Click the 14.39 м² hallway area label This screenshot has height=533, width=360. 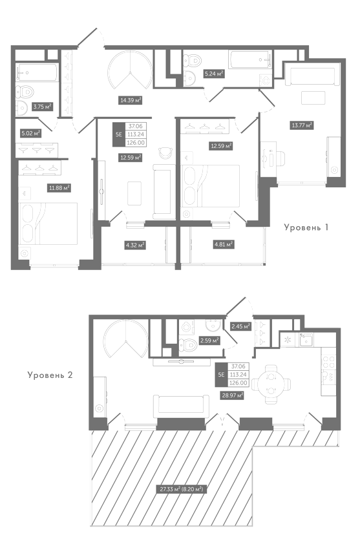click(x=130, y=100)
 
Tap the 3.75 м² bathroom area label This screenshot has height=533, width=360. click(x=42, y=107)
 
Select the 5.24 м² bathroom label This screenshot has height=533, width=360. click(x=214, y=74)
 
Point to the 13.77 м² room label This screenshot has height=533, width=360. click(x=302, y=125)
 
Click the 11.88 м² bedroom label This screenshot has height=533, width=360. click(x=59, y=187)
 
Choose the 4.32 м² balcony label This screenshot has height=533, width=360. click(x=135, y=245)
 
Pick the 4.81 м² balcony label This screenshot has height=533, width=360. click(x=224, y=244)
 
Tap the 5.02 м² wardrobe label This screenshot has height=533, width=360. click(x=30, y=133)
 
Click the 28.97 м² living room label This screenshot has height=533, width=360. click(x=233, y=395)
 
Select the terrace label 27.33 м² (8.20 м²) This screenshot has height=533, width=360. click(x=182, y=490)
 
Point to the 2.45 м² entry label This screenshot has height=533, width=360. click(x=240, y=327)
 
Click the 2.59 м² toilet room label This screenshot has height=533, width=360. click(x=209, y=340)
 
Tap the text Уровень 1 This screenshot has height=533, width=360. click(x=306, y=227)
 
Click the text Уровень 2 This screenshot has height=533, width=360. click(x=50, y=375)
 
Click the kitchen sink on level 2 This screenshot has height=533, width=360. click(x=306, y=339)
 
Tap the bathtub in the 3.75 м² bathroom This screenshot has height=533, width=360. click(x=36, y=72)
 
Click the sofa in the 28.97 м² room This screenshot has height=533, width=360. click(x=181, y=406)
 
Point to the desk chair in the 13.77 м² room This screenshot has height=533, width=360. click(x=279, y=158)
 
